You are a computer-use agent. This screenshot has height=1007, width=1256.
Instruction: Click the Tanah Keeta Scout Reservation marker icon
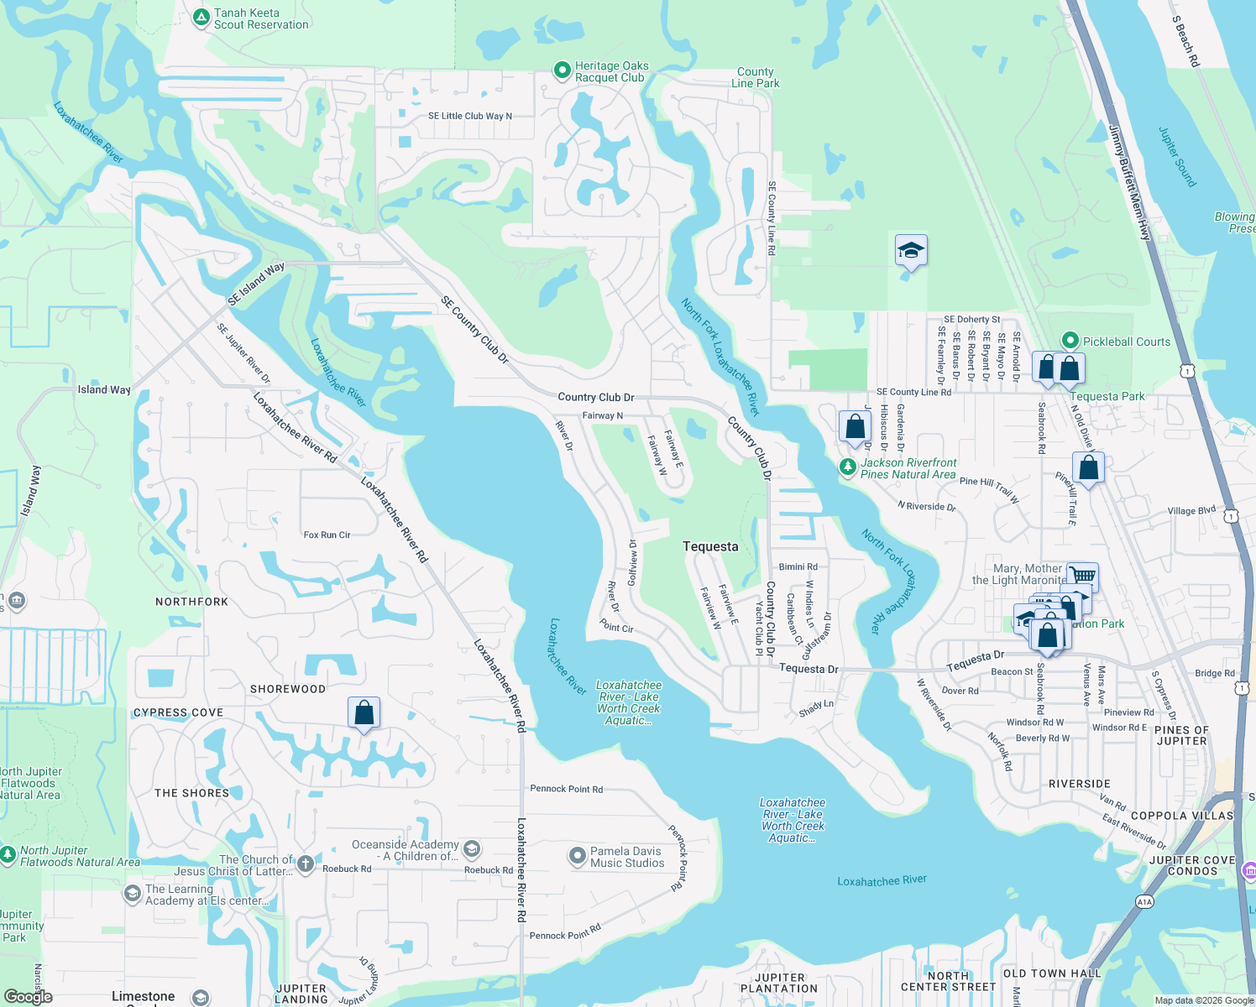[x=201, y=18]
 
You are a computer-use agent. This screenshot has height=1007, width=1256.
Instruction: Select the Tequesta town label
[x=710, y=546]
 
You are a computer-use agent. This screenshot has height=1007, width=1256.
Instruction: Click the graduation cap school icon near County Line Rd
[x=911, y=250]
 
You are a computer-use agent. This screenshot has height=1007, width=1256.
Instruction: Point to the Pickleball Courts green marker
[x=1070, y=341]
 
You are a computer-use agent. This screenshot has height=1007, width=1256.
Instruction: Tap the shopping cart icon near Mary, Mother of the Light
[x=1083, y=576]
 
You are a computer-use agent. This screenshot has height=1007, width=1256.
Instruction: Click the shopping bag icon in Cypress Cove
[x=364, y=712]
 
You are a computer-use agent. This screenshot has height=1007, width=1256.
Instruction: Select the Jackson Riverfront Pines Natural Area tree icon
[x=848, y=467]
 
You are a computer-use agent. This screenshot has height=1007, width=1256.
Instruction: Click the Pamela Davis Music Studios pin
[x=577, y=856]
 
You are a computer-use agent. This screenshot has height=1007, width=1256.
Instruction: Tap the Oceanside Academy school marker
[x=472, y=848]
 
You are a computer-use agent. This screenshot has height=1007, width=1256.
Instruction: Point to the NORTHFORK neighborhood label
[x=191, y=602]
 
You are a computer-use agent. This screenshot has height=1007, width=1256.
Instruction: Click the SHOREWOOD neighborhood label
[x=288, y=689]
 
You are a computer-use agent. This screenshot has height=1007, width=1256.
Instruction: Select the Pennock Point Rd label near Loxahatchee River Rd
[x=566, y=789]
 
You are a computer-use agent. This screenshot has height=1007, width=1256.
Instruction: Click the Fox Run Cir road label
[x=327, y=535]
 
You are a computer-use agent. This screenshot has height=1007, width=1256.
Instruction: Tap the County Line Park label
[x=755, y=78]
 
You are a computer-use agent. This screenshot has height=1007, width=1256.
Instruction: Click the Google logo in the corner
[x=28, y=996]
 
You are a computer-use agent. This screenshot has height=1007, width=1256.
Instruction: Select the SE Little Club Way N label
[x=469, y=116]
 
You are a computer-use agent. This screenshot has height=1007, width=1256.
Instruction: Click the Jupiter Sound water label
[x=1177, y=157]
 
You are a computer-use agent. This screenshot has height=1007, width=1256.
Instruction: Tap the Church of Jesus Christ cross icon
[x=306, y=864]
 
